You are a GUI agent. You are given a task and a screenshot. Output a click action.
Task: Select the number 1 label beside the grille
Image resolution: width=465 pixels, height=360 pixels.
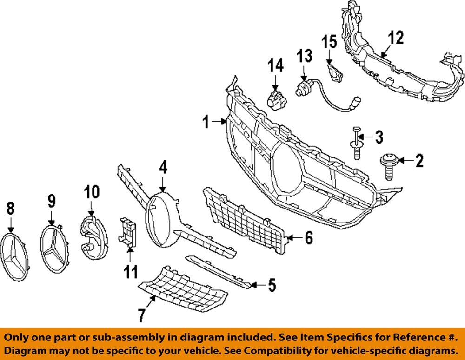[205, 123]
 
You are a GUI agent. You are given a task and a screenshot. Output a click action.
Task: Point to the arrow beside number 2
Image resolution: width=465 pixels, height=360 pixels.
[404, 161]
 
